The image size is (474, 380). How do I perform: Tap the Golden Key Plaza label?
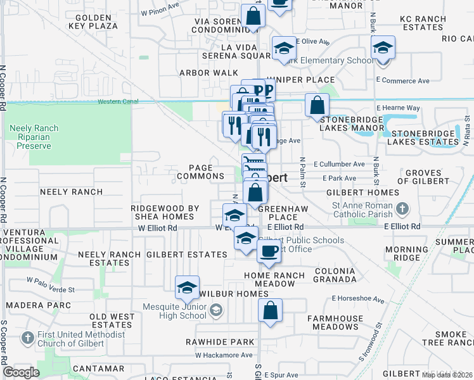click(x=96, y=22)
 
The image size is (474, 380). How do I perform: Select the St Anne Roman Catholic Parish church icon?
click(x=402, y=208)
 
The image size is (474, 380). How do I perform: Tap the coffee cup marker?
click(x=269, y=251)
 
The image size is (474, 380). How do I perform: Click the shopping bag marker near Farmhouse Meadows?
click(x=270, y=311)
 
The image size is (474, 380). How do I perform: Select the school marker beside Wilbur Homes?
click(x=187, y=288)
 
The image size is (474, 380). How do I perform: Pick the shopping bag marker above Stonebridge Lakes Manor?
click(x=317, y=105)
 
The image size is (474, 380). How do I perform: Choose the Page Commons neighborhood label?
click(x=200, y=172)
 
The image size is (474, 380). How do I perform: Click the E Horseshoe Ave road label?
click(x=358, y=298)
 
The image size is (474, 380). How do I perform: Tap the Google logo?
click(x=21, y=372)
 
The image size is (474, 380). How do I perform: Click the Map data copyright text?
click(x=446, y=375)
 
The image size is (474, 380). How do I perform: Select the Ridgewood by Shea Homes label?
click(x=165, y=212)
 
